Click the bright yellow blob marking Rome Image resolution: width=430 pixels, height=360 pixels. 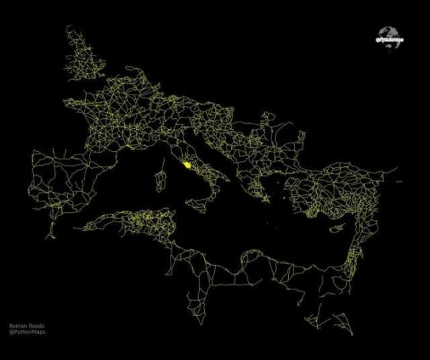186,163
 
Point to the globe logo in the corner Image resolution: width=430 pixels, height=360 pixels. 388,35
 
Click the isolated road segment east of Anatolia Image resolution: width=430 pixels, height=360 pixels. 398,181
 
